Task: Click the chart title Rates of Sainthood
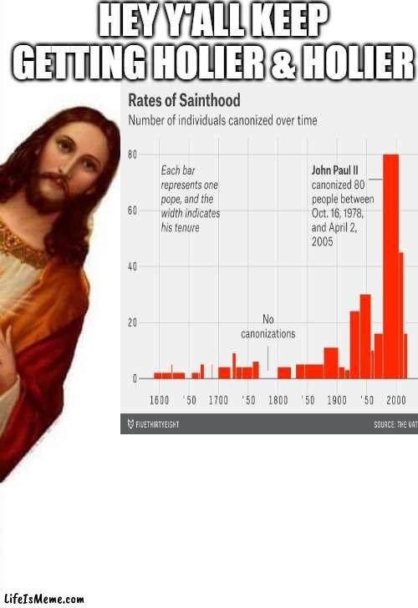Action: [x=183, y=101]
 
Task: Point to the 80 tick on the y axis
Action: [x=132, y=155]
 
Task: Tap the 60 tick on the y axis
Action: [x=132, y=210]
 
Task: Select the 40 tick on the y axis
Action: [x=132, y=266]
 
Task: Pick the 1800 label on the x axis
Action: [x=278, y=399]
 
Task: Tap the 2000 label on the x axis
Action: [x=396, y=399]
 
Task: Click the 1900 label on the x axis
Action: [x=337, y=399]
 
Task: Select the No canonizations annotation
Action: [x=268, y=327]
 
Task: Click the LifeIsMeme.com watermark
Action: [x=43, y=599]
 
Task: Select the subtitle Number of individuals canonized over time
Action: [x=222, y=120]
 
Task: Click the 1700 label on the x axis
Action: [x=218, y=399]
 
